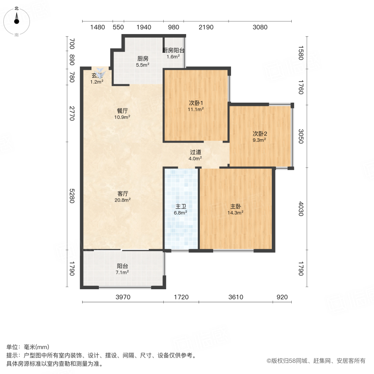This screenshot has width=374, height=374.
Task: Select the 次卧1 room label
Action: pos(196,103)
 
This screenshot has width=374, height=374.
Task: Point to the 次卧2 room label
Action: pos(260,134)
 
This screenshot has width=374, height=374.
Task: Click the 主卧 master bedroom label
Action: pos(236,206)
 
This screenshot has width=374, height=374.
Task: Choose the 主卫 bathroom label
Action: pos(180,206)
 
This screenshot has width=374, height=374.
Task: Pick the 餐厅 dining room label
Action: pos(122,111)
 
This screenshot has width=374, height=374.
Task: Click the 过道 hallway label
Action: pos(195,152)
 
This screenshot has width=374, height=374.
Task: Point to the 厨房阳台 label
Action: pos(173,50)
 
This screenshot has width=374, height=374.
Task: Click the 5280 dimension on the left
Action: pos(71,196)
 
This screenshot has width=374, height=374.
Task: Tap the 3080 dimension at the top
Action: pos(260,27)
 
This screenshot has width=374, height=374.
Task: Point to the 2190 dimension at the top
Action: pos(206,27)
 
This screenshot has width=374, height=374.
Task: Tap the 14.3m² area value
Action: pos(236,212)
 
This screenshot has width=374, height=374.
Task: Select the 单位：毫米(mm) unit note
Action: pos(28,347)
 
